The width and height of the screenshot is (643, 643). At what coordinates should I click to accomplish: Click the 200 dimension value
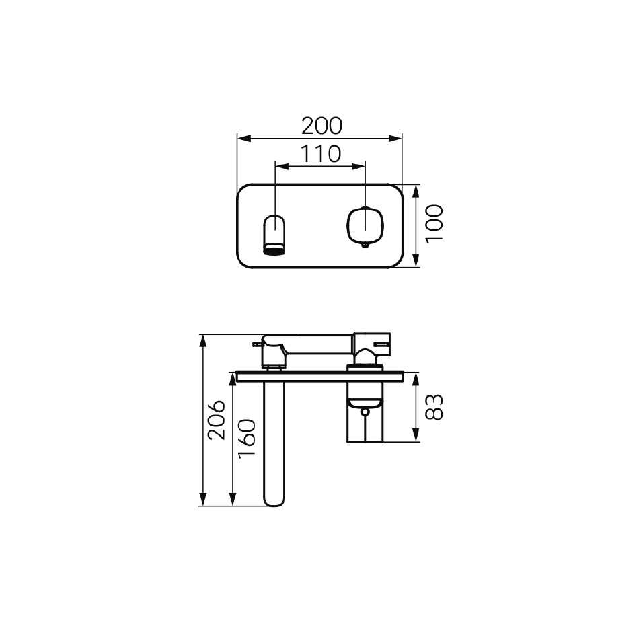pyautogui.click(x=321, y=126)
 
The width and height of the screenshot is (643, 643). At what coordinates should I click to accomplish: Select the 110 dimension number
pyautogui.click(x=321, y=154)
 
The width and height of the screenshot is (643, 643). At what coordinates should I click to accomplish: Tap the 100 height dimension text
pyautogui.click(x=434, y=224)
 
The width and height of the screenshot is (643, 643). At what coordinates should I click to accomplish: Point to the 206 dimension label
pyautogui.click(x=216, y=420)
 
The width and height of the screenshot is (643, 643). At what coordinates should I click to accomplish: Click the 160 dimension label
pyautogui.click(x=247, y=438)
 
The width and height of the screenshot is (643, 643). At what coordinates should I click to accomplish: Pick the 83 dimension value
pyautogui.click(x=434, y=407)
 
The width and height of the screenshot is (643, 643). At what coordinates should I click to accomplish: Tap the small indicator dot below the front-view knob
pyautogui.click(x=365, y=245)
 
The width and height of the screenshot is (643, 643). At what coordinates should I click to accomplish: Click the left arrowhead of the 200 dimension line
pyautogui.click(x=243, y=138)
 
